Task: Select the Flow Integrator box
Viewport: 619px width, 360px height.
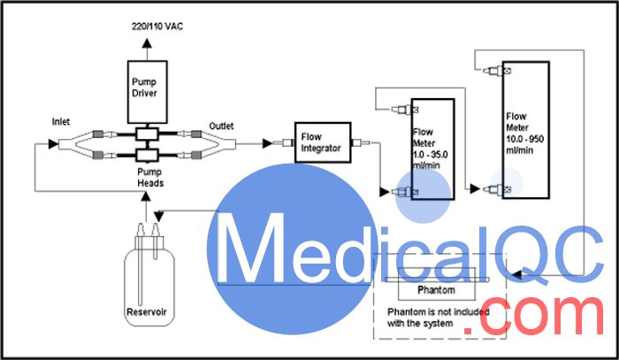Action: pos(321,142)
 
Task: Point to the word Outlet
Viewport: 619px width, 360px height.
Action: pos(221,126)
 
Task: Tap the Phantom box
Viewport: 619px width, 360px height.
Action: pos(436,290)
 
